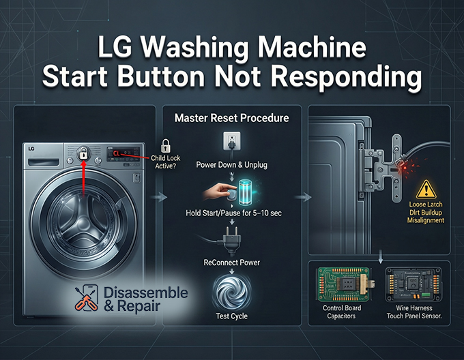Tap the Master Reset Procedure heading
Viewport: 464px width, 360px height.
point(231,118)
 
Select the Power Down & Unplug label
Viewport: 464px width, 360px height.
point(231,165)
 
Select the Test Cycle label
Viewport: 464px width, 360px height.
point(231,316)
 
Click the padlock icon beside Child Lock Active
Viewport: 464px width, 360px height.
point(165,145)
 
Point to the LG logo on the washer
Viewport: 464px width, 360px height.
point(31,148)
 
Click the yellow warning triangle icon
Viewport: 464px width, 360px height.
point(426,188)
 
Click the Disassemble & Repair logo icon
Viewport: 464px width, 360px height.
point(85,298)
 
